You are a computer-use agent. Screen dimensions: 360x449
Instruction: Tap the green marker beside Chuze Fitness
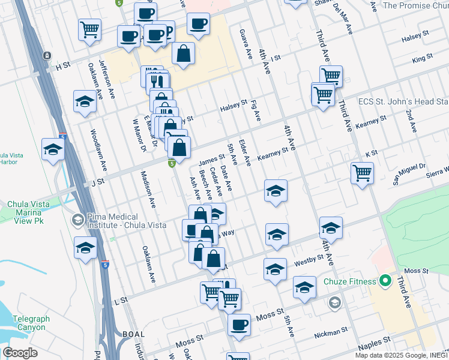384,281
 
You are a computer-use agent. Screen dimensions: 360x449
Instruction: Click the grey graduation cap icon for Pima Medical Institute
77,220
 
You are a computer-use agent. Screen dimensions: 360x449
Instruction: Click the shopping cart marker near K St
363,174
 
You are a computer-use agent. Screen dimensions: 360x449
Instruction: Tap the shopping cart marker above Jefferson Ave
89,29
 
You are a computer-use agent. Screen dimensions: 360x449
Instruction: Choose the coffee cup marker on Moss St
239,325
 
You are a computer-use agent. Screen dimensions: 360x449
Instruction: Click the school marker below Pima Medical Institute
86,247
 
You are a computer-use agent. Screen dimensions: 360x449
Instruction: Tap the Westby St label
309,263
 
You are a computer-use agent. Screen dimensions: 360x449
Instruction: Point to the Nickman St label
336,331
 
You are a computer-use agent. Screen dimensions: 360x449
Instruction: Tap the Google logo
20,353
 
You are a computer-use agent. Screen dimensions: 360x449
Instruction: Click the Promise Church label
415,5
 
